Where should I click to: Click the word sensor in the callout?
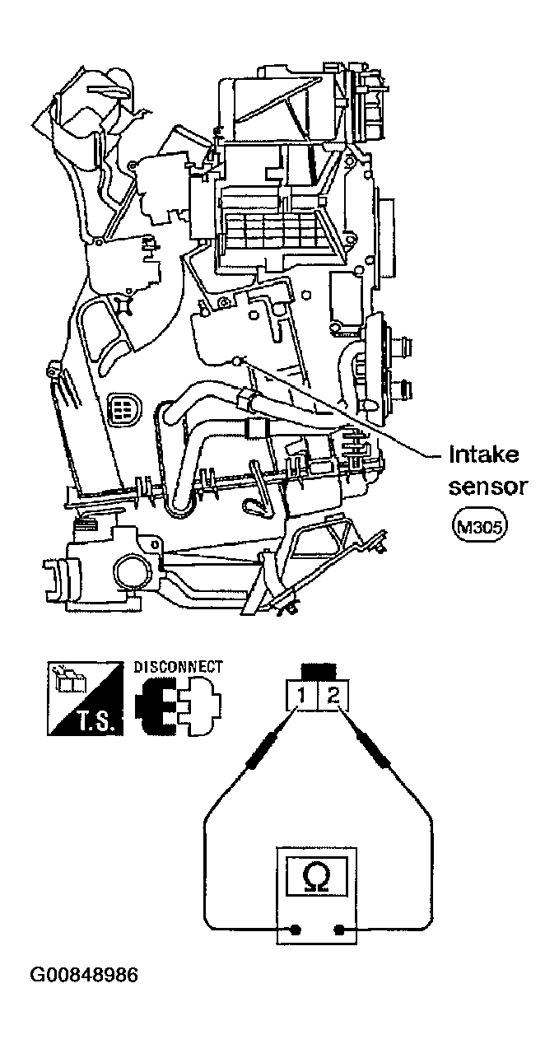point(487,487)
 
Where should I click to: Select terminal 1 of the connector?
point(302,697)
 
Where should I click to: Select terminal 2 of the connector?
point(332,697)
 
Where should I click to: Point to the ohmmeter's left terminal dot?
point(291,931)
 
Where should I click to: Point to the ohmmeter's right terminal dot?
point(339,931)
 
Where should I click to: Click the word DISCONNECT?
point(178,665)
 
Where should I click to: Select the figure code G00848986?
point(85,976)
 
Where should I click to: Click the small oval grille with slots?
point(122,407)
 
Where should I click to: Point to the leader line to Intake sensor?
point(346,408)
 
